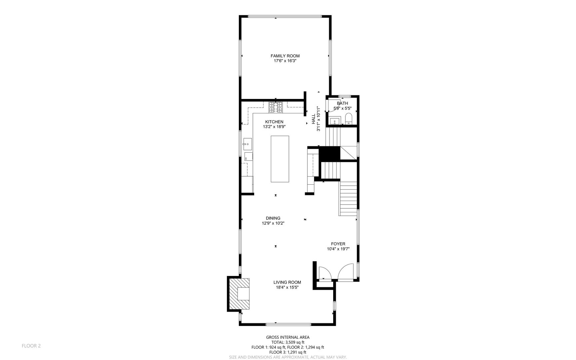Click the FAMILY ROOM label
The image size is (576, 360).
pyautogui.click(x=285, y=56)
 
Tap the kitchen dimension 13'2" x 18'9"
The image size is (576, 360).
pyautogui.click(x=274, y=127)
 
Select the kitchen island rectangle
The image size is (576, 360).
pyautogui.click(x=280, y=159)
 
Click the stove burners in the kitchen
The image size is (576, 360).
pyautogui.click(x=276, y=107)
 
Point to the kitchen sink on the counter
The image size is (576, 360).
pyautogui.click(x=247, y=144)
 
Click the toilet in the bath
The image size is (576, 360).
pyautogui.click(x=348, y=118)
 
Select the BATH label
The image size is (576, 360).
pyautogui.click(x=342, y=103)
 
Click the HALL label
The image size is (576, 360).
pyautogui.click(x=313, y=119)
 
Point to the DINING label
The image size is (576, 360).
pyautogui.click(x=273, y=218)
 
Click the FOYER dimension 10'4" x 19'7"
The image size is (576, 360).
pyautogui.click(x=338, y=249)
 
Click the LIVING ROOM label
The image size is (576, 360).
pyautogui.click(x=288, y=282)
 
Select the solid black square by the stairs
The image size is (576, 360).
pyautogui.click(x=329, y=154)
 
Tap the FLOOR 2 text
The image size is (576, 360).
pyautogui.click(x=31, y=346)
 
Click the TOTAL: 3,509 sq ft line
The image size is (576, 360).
pyautogui.click(x=288, y=342)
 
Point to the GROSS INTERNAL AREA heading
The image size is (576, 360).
pyautogui.click(x=288, y=337)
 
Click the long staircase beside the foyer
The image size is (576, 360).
pyautogui.click(x=348, y=198)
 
